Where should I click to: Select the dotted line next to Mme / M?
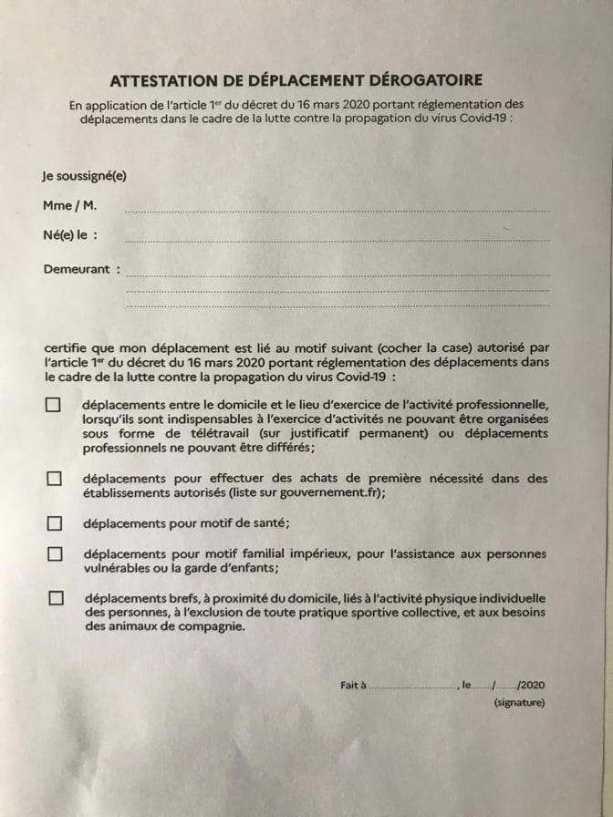[338, 210]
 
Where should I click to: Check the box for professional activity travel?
[54, 405]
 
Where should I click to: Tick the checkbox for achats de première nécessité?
[54, 478]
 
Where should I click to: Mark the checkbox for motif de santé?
[54, 522]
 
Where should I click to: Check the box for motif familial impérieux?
[54, 553]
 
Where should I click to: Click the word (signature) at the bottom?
[519, 702]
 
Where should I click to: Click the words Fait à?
[352, 684]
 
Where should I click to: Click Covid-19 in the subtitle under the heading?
[483, 119]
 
